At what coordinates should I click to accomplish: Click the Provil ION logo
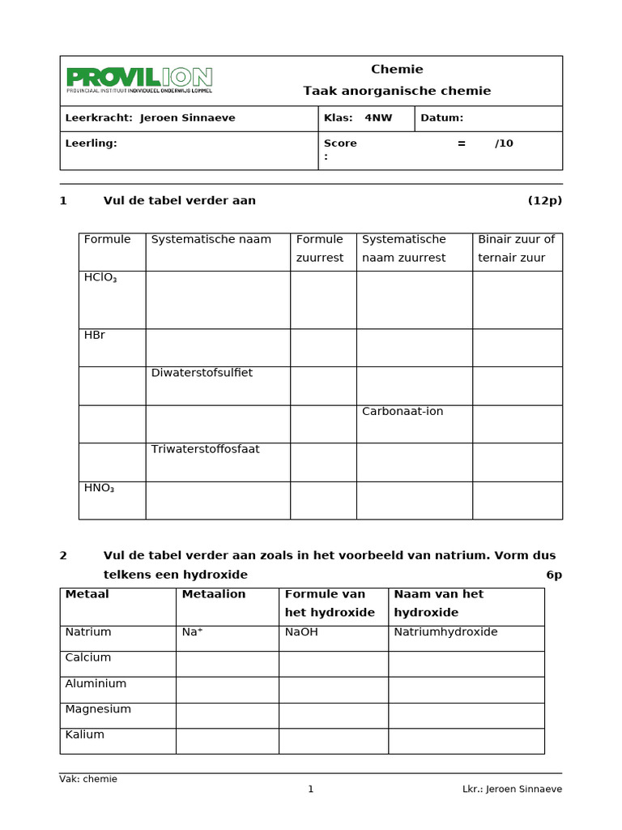click(138, 79)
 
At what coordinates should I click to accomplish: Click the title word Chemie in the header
click(397, 70)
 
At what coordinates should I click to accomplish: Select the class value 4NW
click(378, 118)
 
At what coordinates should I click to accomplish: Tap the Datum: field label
click(441, 118)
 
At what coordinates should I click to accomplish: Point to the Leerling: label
click(91, 143)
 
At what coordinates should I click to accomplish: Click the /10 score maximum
click(504, 143)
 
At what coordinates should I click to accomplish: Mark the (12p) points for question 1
click(544, 201)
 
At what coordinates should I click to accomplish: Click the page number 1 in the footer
click(310, 789)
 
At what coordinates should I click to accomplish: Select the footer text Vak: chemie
click(88, 779)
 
